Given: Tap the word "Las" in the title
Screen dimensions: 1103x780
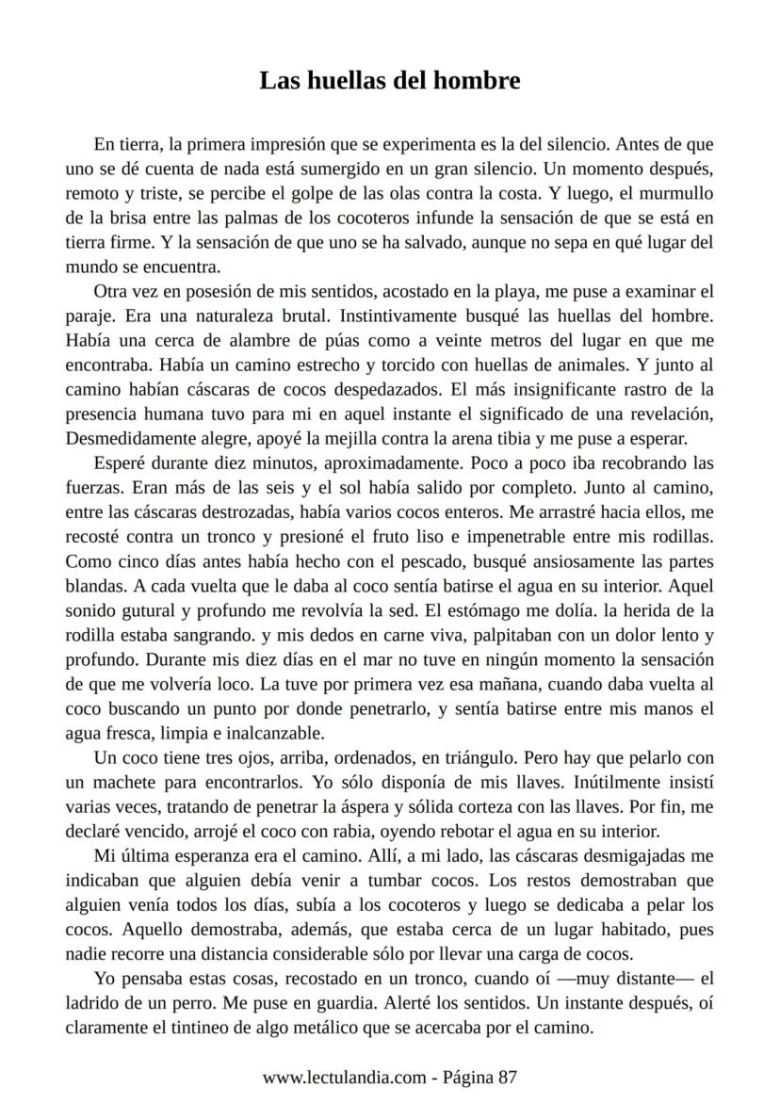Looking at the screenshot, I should pos(279,81).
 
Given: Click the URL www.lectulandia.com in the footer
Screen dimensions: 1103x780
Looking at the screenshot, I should pos(344,1077).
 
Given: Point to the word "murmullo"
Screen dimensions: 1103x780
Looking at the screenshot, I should pos(675,194).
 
